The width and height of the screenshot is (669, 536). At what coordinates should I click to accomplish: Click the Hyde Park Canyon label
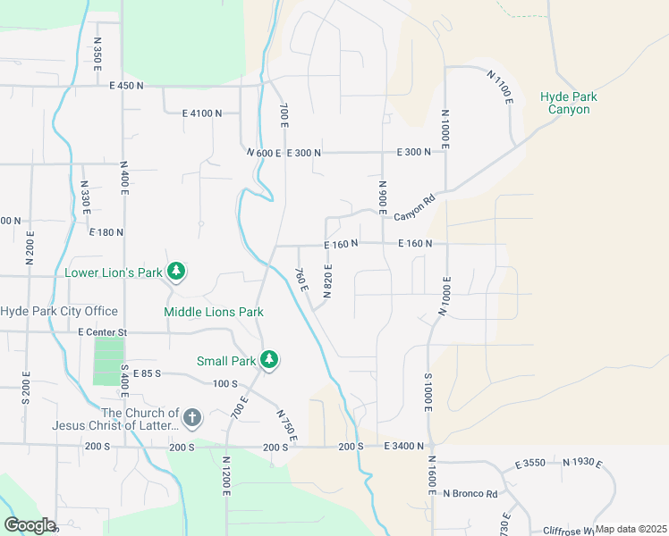[568, 103]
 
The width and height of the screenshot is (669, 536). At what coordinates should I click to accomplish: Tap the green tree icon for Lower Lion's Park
[177, 271]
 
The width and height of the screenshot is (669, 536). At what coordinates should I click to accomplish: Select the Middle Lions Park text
[213, 313]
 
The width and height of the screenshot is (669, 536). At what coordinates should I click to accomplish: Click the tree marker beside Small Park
[269, 361]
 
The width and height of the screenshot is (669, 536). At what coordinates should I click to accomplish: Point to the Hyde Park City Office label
[59, 311]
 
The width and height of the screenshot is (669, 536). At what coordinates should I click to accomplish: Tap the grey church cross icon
[191, 418]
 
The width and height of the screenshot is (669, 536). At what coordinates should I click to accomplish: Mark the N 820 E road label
[328, 280]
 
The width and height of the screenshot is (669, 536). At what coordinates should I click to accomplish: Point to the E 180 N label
[106, 231]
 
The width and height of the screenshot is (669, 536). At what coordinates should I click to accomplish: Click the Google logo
[29, 525]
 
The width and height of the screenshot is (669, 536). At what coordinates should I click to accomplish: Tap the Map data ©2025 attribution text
[631, 530]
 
